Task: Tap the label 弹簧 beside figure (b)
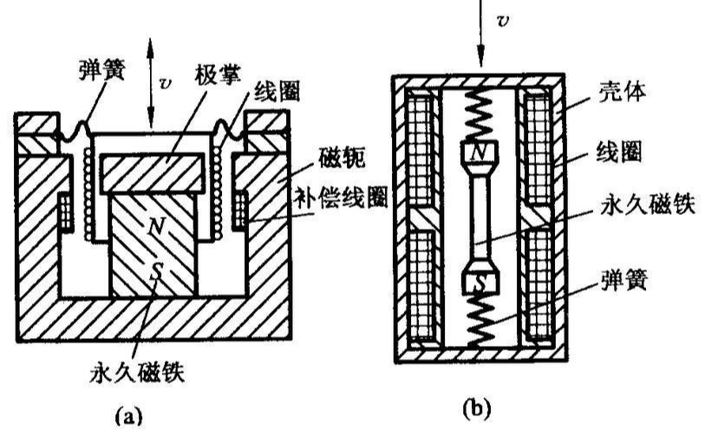click(x=625, y=282)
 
